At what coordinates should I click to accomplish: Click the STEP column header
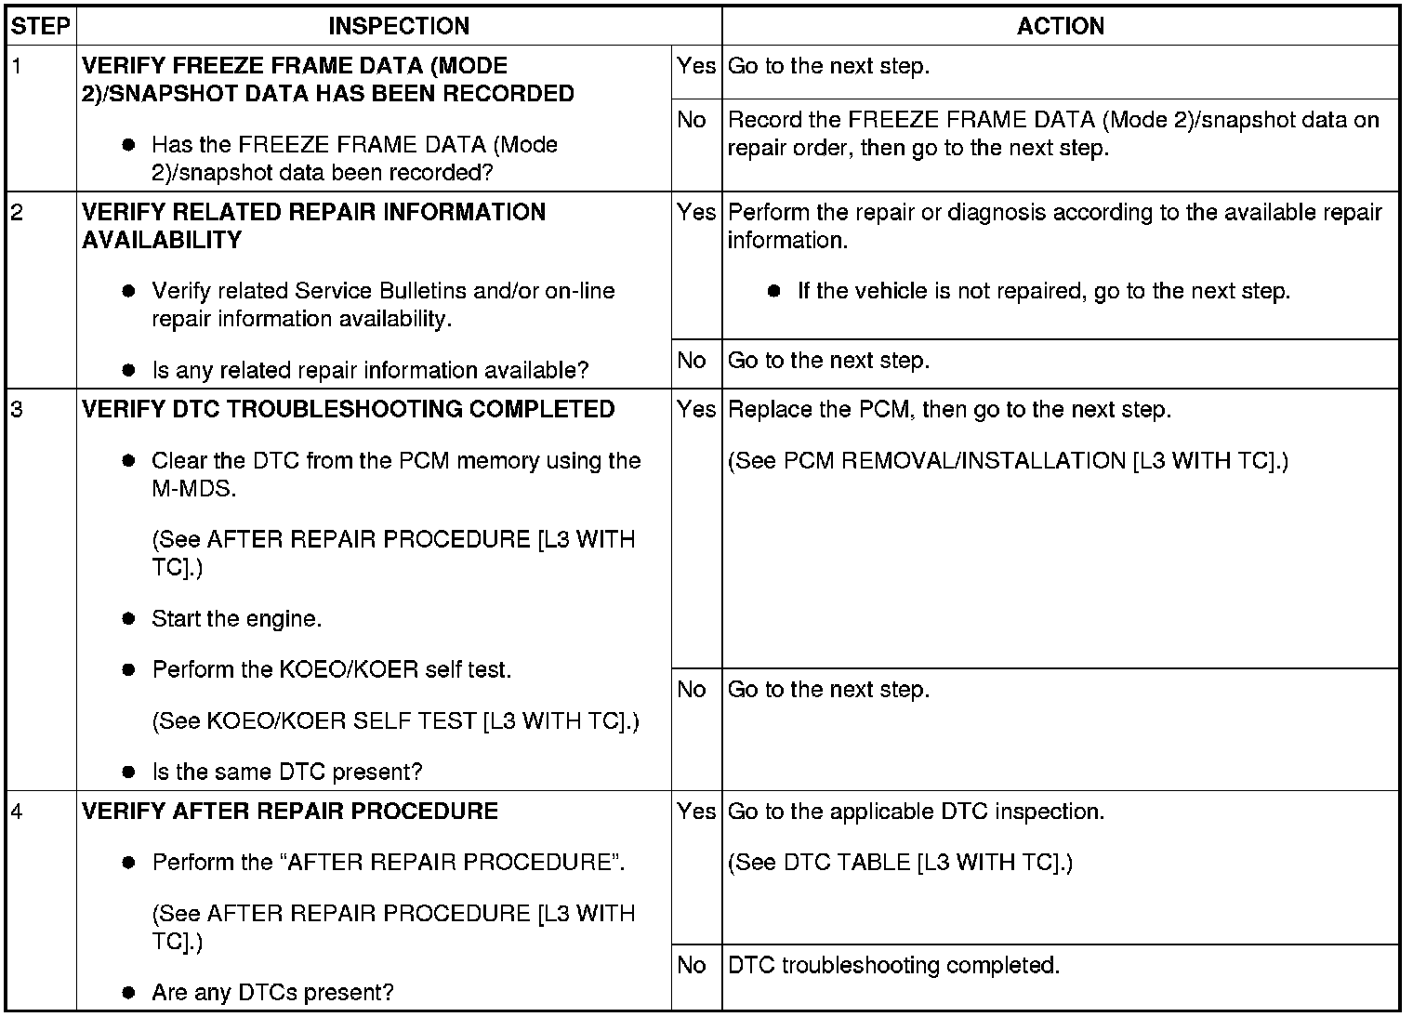(41, 26)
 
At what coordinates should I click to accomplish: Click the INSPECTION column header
(399, 26)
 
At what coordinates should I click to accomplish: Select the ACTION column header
(1060, 26)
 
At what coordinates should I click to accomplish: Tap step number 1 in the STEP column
(16, 66)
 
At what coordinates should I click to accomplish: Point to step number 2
(17, 212)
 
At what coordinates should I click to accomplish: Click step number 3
(17, 409)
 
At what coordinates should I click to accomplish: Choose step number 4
(17, 811)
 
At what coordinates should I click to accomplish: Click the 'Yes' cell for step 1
(696, 66)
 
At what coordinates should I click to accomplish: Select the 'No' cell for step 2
(692, 361)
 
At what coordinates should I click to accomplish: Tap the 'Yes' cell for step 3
(696, 409)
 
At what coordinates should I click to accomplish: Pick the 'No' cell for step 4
(692, 965)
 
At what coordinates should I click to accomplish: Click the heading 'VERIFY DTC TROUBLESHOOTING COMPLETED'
(348, 409)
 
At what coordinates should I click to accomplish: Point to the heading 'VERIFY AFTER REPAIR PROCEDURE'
(290, 811)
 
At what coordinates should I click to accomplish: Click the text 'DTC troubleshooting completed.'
(893, 965)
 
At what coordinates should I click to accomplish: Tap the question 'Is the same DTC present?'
(286, 772)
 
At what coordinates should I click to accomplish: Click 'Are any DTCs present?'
(272, 992)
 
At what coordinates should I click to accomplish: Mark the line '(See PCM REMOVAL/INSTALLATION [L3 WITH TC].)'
(1008, 460)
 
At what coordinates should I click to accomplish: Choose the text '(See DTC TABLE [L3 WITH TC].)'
(900, 862)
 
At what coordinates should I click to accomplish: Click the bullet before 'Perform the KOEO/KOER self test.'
(129, 669)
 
